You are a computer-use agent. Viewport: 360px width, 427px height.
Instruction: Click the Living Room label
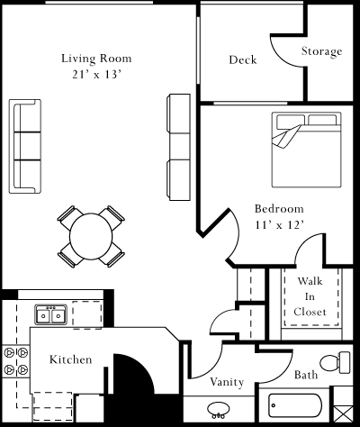pos(91,59)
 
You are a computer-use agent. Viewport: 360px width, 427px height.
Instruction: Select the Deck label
pos(242,60)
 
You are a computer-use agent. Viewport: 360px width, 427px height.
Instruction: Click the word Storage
pos(321,51)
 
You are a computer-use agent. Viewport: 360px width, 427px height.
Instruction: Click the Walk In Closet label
pos(310,296)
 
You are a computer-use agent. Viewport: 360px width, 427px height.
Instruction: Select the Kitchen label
pos(70,359)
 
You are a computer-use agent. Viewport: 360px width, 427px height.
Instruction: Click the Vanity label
pos(227,382)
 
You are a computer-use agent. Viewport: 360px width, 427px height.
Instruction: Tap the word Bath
pos(306,375)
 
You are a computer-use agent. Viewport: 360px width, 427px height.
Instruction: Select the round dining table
pos(91,236)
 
